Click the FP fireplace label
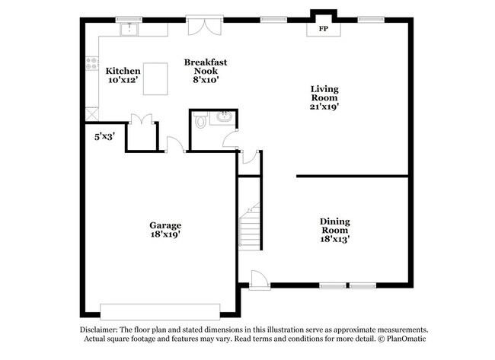323,29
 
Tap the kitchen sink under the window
130,30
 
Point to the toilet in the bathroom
200,119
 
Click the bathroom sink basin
224,116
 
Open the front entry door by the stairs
259,279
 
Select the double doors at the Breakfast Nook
204,25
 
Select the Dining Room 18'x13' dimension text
334,239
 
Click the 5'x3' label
104,136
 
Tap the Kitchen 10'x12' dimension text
123,79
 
